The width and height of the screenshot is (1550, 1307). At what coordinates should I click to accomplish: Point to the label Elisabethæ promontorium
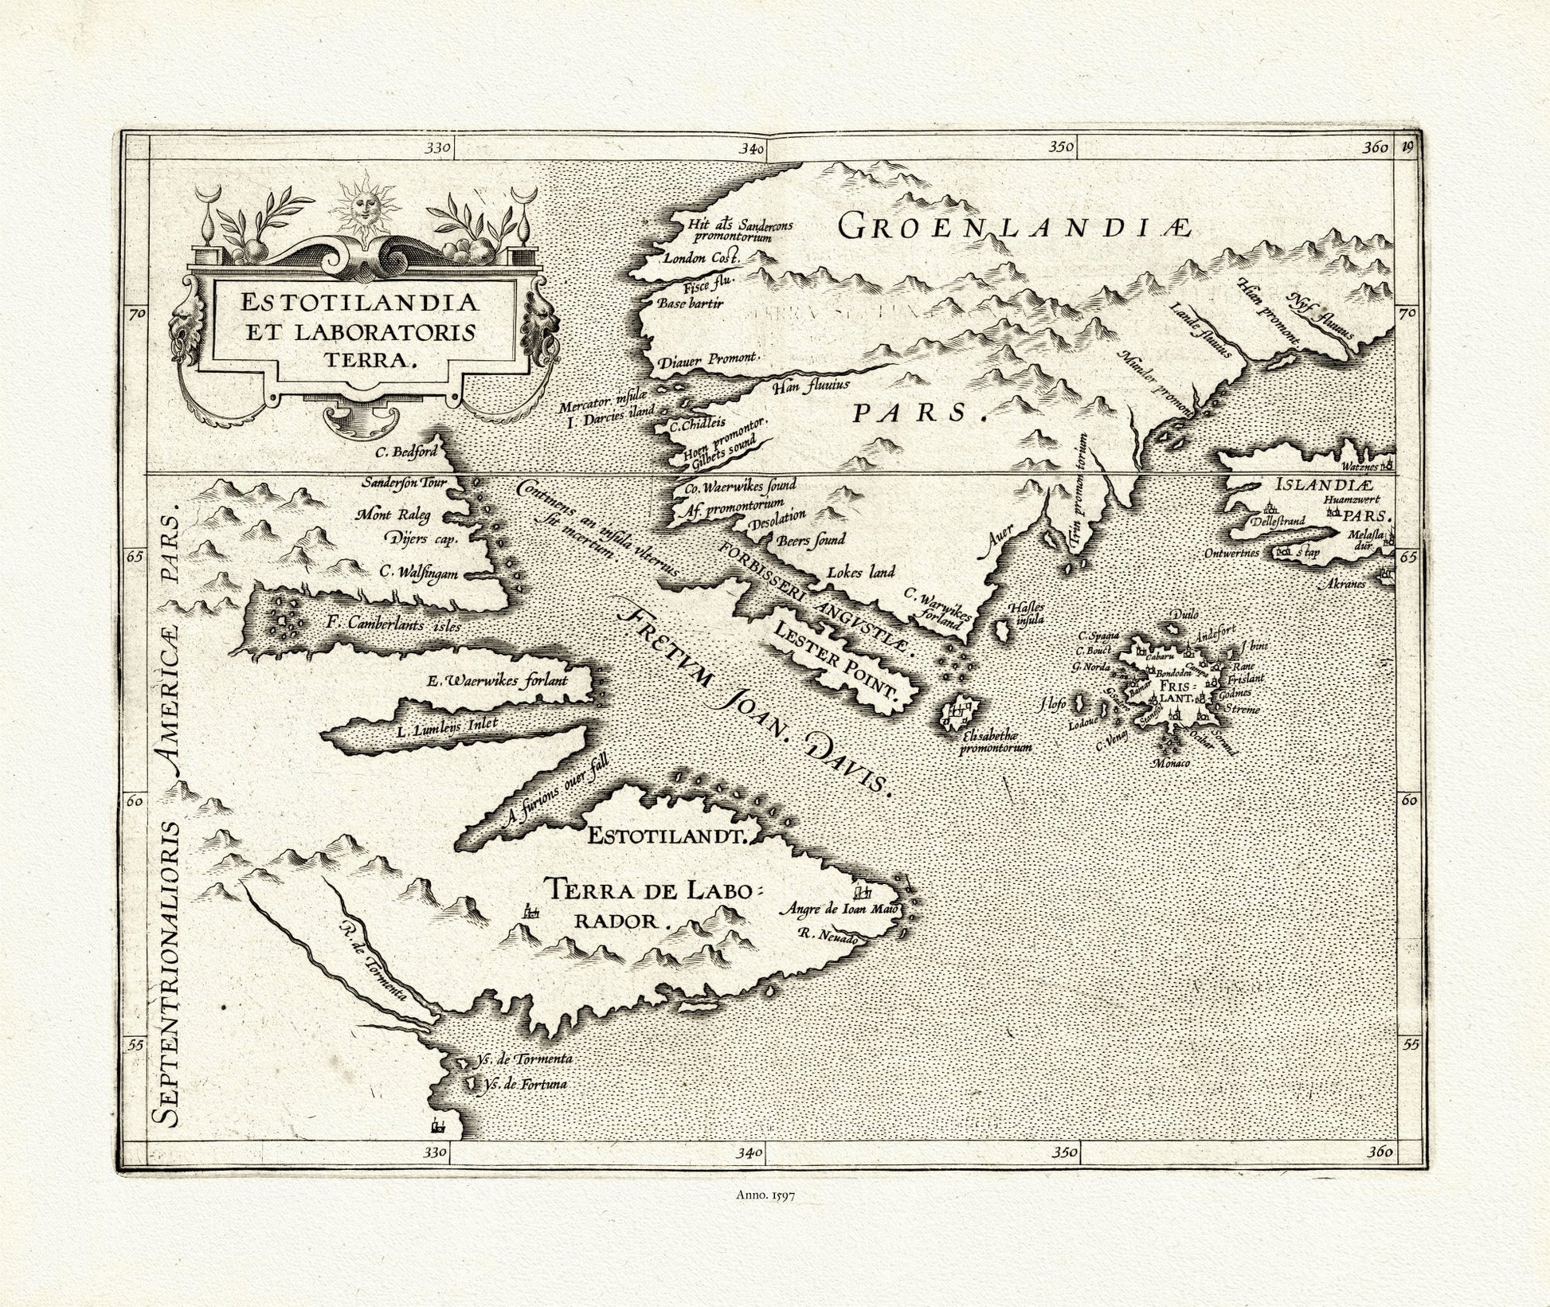click(x=996, y=742)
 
